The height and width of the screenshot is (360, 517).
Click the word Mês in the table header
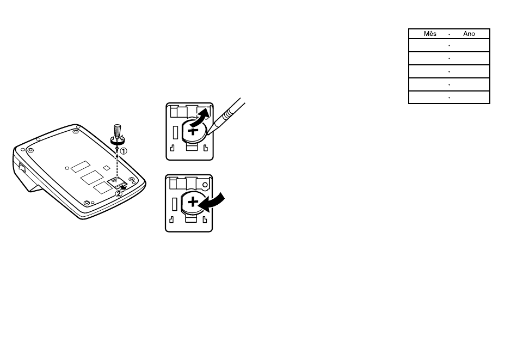[430, 34]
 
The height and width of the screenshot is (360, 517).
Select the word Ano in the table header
[469, 34]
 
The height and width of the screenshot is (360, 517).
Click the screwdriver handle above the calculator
[117, 130]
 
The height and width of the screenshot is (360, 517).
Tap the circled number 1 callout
[123, 151]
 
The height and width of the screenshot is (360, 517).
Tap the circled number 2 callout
[118, 194]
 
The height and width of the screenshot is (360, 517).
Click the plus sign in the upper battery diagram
[193, 131]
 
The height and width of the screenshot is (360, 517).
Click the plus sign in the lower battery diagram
[193, 202]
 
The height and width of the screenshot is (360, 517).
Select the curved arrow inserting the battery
[212, 202]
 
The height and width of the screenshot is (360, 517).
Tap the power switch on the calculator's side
[22, 167]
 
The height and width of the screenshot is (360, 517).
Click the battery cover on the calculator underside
[116, 181]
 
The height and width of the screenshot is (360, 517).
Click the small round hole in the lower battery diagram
[205, 185]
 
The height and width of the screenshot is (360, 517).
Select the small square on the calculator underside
[106, 168]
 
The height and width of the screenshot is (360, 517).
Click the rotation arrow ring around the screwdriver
[118, 140]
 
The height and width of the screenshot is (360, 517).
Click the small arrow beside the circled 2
[123, 187]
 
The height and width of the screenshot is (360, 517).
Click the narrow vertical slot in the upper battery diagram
[175, 132]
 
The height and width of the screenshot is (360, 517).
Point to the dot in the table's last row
[449, 97]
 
